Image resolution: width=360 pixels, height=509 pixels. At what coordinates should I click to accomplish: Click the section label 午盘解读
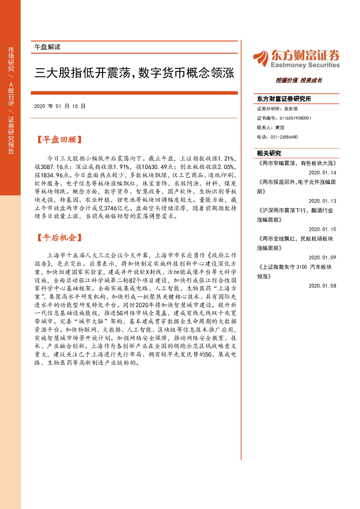click(48, 47)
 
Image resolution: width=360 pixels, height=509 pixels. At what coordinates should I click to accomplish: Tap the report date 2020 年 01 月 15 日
click(60, 106)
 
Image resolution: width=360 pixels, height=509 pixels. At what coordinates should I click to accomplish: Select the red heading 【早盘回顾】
click(59, 140)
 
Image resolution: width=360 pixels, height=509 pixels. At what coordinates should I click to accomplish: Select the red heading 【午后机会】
click(59, 238)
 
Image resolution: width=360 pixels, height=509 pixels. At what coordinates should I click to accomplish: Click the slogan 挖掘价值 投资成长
click(299, 80)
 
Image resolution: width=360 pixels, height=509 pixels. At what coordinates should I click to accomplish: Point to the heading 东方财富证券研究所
click(284, 99)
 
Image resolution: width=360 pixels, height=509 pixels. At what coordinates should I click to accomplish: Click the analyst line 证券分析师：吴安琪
click(277, 109)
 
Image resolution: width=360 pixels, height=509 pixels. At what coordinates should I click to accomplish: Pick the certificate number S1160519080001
click(295, 118)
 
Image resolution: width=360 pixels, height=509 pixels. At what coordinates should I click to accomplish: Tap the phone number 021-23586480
click(284, 137)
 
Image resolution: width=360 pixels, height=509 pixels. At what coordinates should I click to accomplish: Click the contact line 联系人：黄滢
click(270, 127)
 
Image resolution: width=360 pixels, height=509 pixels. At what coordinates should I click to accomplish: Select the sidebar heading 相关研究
click(269, 153)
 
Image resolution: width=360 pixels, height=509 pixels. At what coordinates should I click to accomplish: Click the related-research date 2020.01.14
click(322, 173)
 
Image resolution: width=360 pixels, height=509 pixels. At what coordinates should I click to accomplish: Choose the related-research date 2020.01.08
click(322, 286)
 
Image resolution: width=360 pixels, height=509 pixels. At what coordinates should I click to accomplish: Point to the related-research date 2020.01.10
click(322, 229)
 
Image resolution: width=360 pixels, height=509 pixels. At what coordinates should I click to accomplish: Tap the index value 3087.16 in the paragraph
click(52, 167)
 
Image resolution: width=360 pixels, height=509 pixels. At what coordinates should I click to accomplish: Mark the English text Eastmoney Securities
click(305, 65)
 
